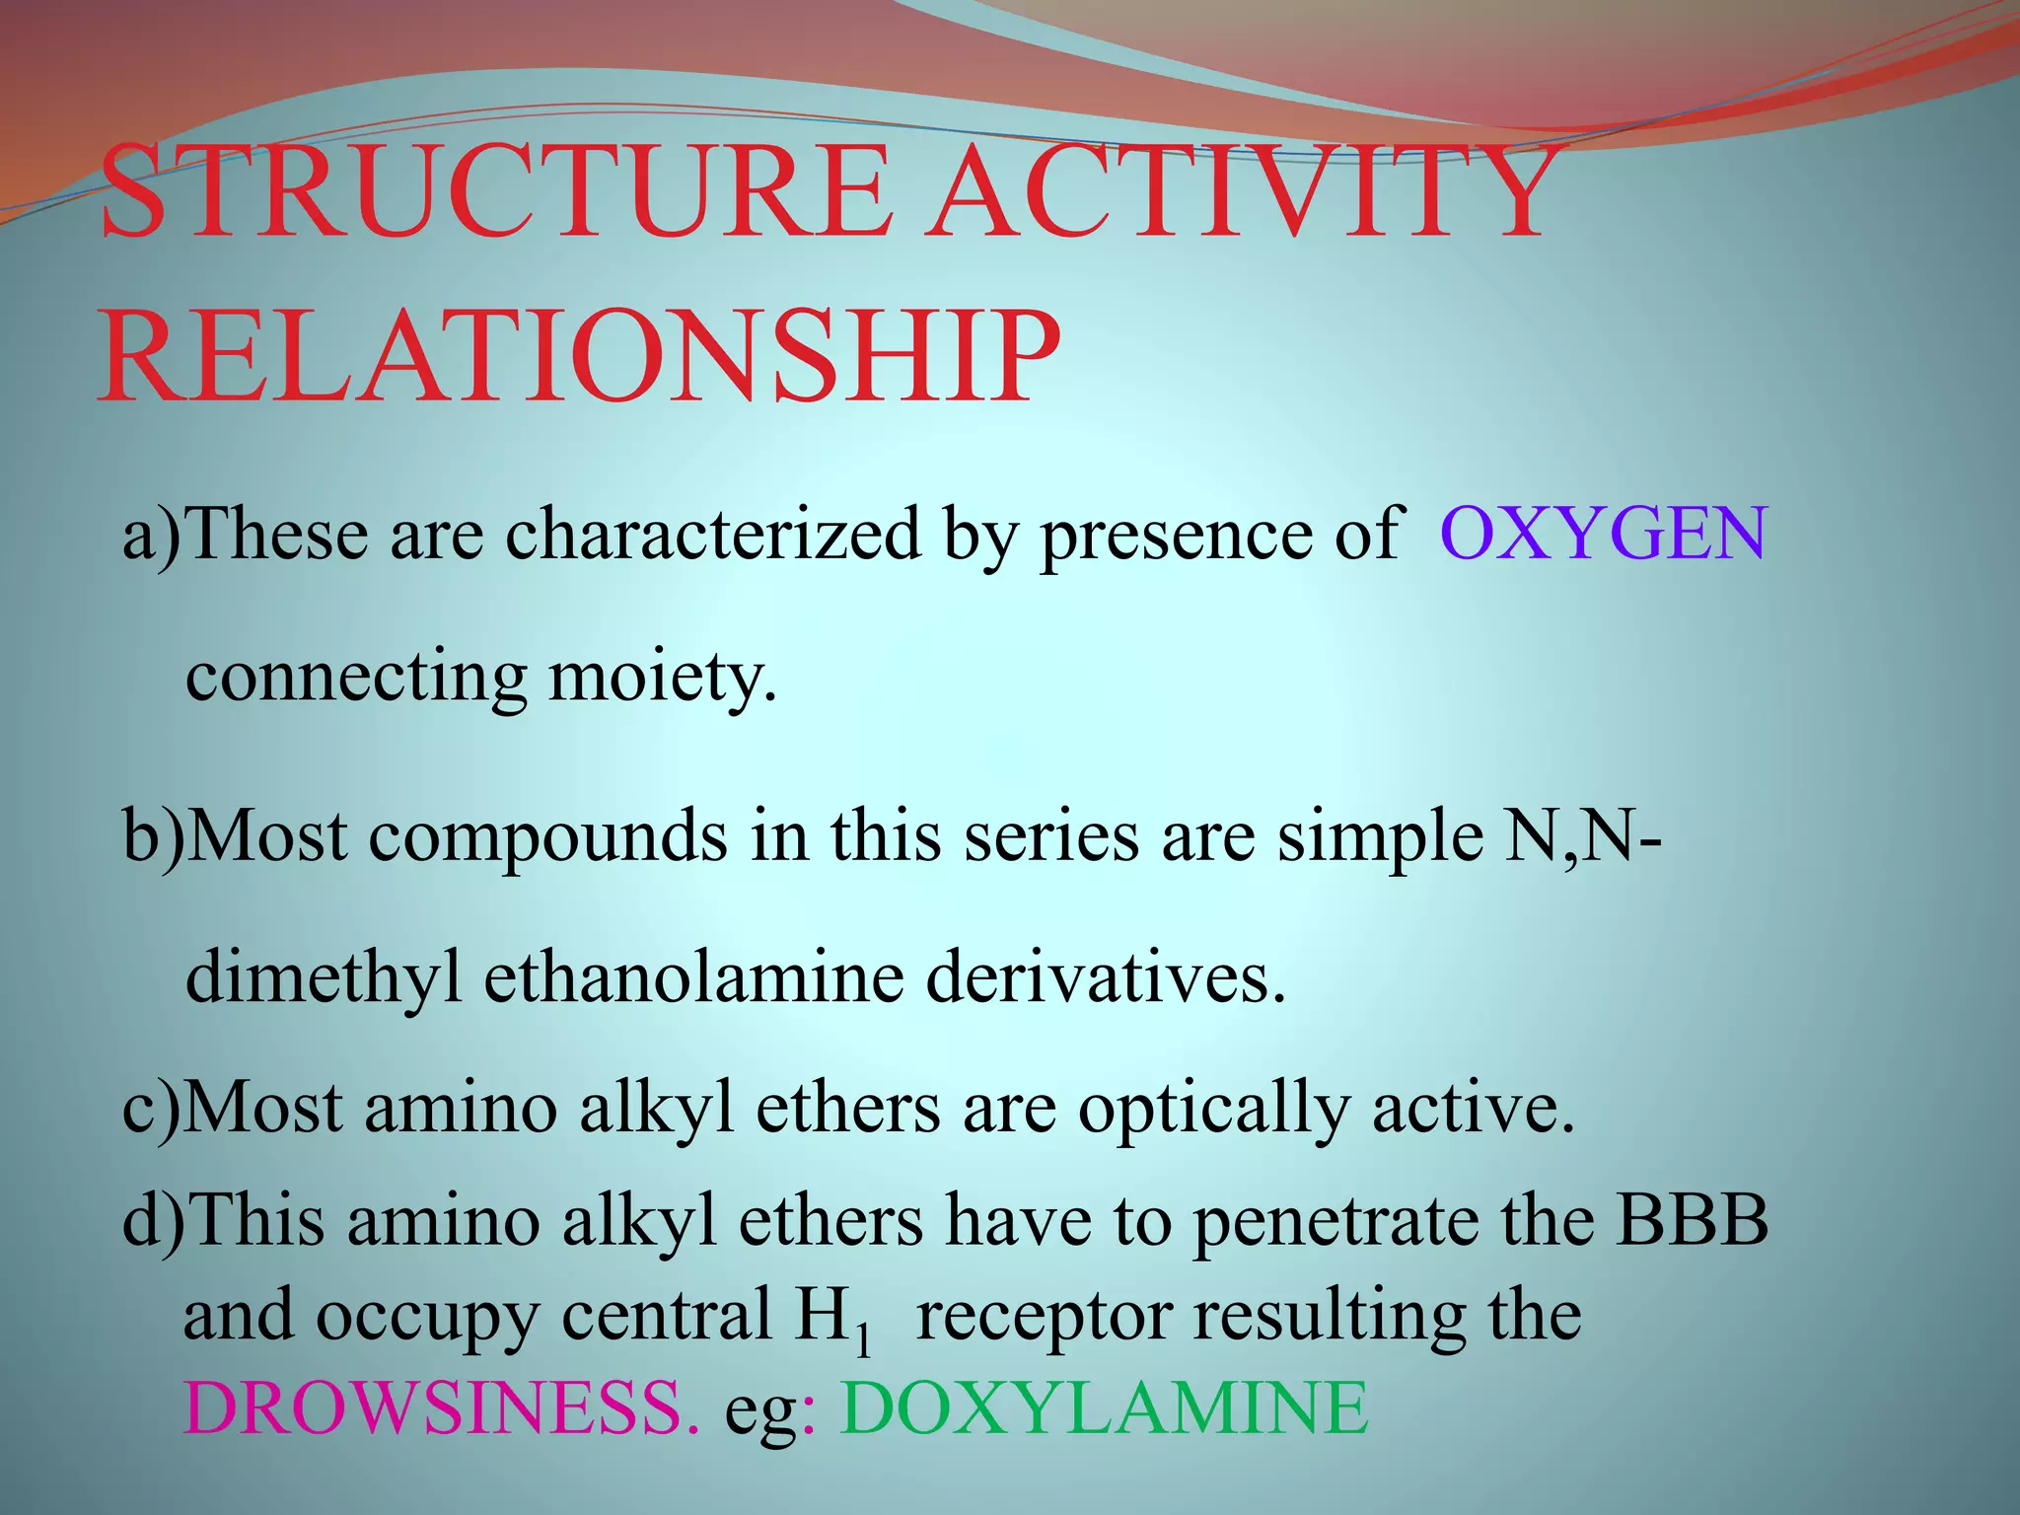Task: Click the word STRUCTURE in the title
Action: pyautogui.click(x=493, y=192)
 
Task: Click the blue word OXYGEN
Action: pyautogui.click(x=1603, y=534)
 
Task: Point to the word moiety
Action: pyautogui.click(x=663, y=679)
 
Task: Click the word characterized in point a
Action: pyautogui.click(x=712, y=534)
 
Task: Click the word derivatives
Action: pyautogui.click(x=1106, y=977)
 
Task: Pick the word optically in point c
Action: pyautogui.click(x=1212, y=1109)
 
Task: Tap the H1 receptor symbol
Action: pyautogui.click(x=834, y=1318)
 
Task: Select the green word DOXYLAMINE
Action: pyautogui.click(x=1105, y=1407)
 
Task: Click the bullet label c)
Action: pyautogui.click(x=152, y=1109)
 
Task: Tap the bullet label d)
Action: pyautogui.click(x=153, y=1220)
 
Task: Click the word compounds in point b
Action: pyautogui.click(x=547, y=837)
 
